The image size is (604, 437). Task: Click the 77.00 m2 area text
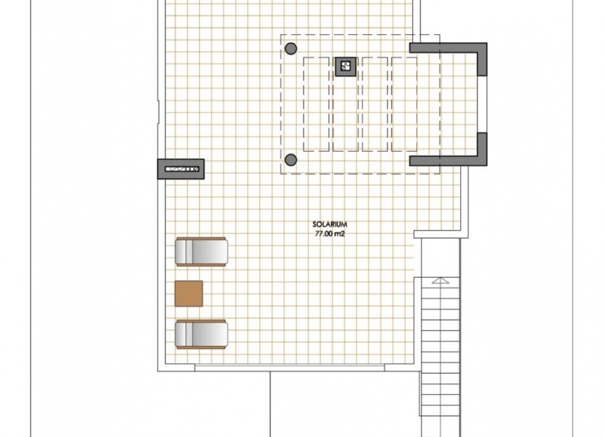coord(329,233)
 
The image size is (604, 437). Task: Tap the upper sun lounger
coord(201,251)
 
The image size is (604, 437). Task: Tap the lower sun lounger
coord(201,334)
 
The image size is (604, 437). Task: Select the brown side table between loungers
coord(188,293)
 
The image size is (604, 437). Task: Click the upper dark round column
coord(291,48)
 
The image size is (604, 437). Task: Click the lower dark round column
coord(291,159)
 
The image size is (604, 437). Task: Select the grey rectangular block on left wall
coord(180,169)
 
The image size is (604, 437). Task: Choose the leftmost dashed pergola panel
coord(316,104)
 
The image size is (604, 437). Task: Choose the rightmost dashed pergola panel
coord(404,104)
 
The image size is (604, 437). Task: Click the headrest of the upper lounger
coord(182,251)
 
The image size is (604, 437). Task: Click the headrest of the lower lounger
coord(182,334)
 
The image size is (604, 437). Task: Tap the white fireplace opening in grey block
coord(182,169)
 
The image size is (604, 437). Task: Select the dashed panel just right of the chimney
coord(374,104)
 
